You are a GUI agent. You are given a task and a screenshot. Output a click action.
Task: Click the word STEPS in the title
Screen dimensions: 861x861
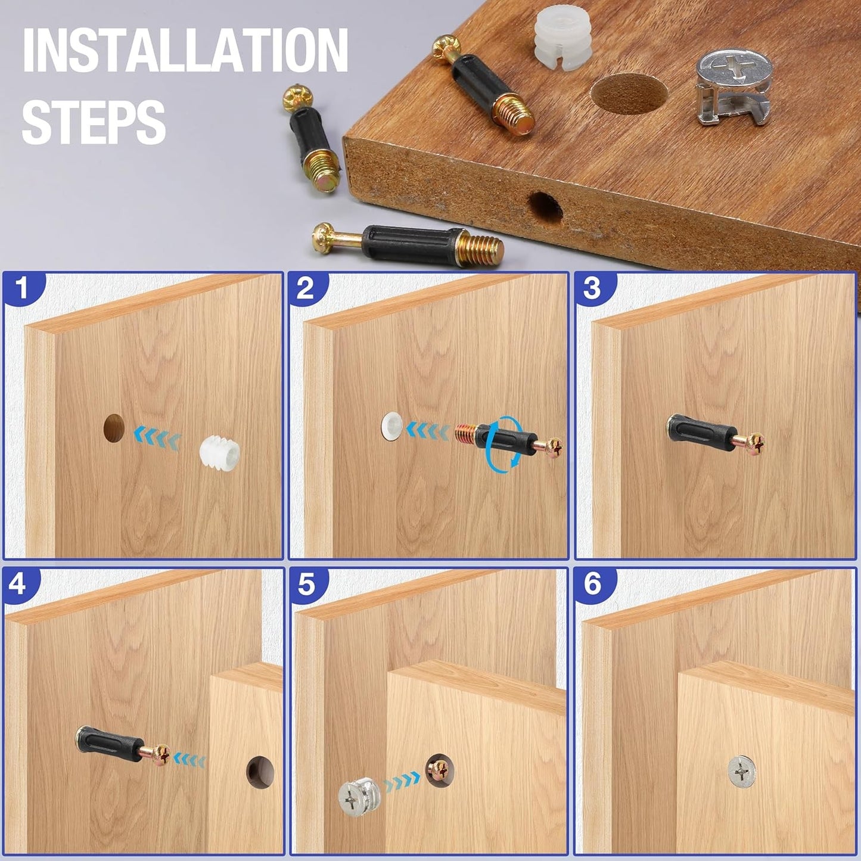(94, 121)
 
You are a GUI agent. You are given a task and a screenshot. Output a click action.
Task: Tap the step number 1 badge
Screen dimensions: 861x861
(22, 288)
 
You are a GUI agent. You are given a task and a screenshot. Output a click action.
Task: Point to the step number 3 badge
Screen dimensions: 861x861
(592, 288)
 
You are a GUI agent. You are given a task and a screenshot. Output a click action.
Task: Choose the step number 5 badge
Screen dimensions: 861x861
(307, 584)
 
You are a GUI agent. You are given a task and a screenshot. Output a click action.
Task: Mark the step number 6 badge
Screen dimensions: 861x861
(592, 584)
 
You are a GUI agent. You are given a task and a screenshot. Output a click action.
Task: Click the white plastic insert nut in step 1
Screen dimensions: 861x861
(219, 451)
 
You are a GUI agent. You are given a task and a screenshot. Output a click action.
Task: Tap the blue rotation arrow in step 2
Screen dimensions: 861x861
(505, 442)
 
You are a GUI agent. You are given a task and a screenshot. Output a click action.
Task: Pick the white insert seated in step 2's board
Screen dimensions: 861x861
(392, 426)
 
